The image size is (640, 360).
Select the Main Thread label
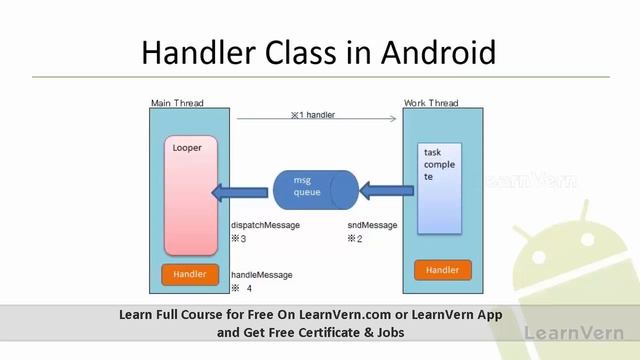(x=176, y=103)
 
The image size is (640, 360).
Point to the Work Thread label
(x=431, y=103)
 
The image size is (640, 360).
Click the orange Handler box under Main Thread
(x=189, y=274)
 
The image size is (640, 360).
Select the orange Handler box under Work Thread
(x=442, y=270)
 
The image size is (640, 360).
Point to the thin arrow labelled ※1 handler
(x=316, y=119)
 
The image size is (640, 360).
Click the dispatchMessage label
(x=265, y=226)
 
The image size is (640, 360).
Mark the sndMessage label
(x=372, y=226)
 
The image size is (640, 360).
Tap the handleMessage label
(x=262, y=275)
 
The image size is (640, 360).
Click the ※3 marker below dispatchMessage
(x=238, y=239)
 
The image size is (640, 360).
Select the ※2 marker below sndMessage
(x=354, y=239)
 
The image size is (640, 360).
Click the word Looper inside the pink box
(x=187, y=148)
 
